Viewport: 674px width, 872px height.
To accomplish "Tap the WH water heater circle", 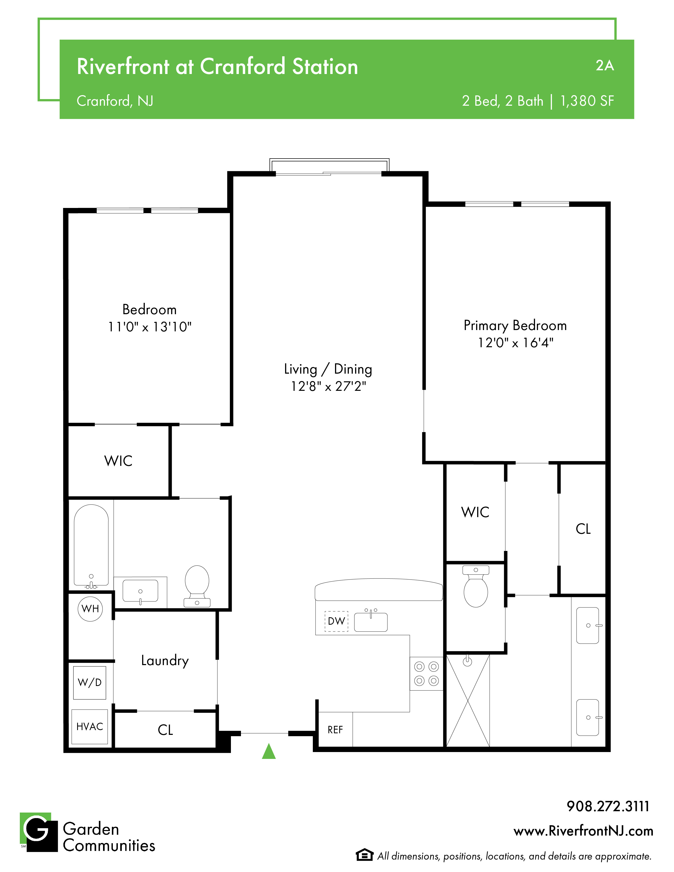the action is coord(90,609).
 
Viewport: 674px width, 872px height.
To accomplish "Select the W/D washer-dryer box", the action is coord(90,683).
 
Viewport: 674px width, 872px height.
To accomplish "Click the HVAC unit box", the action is coord(90,727).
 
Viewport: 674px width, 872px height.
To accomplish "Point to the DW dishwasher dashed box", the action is coord(336,621).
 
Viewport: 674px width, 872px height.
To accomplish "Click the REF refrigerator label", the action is coord(335,730).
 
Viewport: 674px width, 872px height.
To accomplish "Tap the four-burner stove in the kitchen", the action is coord(426,674).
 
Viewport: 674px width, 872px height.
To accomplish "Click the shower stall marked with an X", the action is coord(468,701).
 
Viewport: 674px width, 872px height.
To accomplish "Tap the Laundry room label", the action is coord(165,661).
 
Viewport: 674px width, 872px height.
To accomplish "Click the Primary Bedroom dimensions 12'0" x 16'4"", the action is coord(515,342).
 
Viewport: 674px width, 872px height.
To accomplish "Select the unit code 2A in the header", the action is coord(605,66).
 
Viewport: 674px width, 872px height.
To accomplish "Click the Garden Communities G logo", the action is coord(39,832).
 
